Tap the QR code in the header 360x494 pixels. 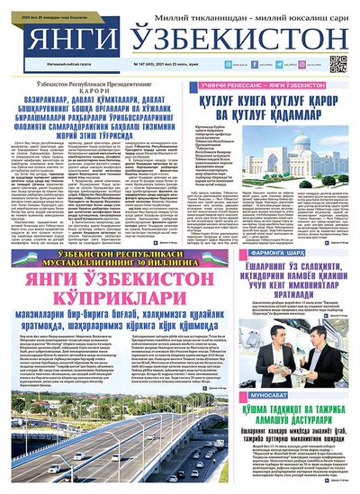point(338,63)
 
